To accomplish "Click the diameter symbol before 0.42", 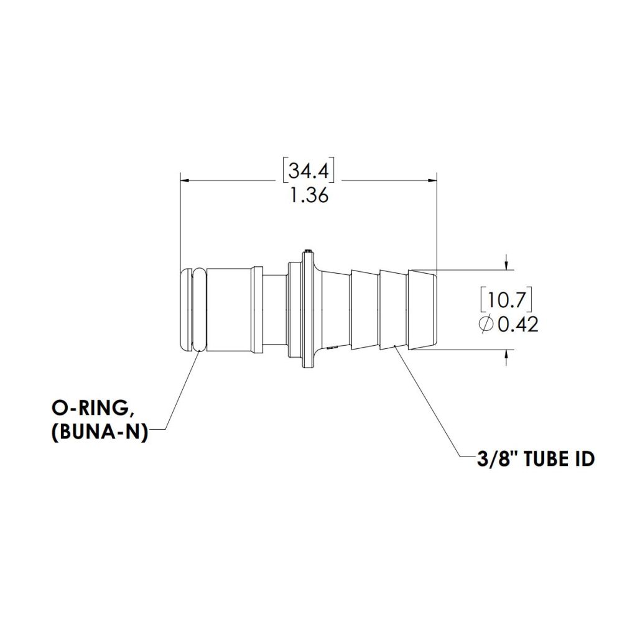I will click(487, 324).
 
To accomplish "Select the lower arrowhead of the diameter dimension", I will click(508, 355).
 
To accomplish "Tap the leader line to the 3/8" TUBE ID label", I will click(429, 404).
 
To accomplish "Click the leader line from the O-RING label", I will click(180, 392).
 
